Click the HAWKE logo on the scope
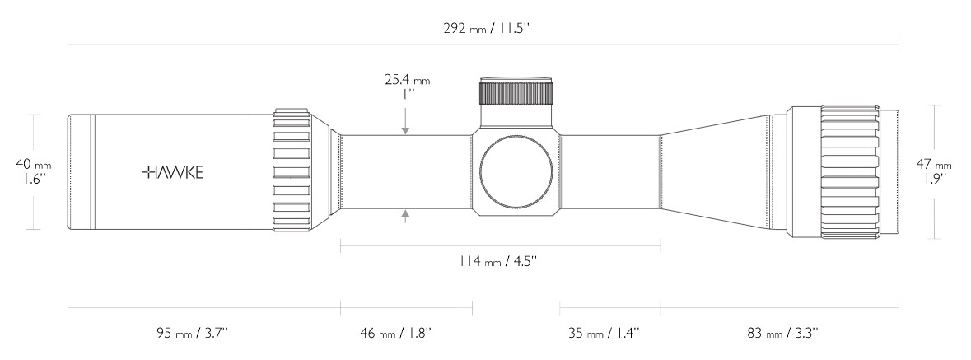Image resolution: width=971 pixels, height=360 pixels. coord(172,172)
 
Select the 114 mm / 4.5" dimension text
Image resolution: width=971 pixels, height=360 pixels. coord(497,261)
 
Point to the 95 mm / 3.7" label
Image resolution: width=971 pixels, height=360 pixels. coord(193,333)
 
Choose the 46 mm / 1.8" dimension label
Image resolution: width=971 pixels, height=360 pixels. coord(395,333)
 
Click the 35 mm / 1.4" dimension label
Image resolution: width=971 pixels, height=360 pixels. coord(604,333)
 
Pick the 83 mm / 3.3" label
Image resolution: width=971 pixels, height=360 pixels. coord(782,333)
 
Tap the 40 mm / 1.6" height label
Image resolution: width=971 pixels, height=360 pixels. coord(34,171)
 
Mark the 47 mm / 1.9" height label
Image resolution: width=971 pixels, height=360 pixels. coord(934,171)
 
